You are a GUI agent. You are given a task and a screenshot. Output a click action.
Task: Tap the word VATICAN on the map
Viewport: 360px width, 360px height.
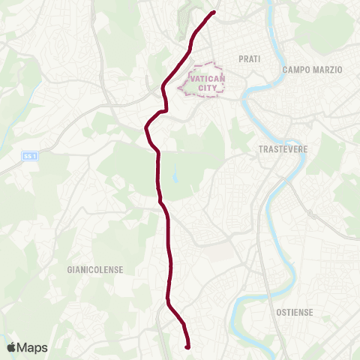click(x=204, y=78)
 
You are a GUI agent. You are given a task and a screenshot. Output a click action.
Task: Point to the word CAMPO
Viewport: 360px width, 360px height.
click(x=298, y=70)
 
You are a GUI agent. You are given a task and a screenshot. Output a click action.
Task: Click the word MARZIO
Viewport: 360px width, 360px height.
click(x=328, y=70)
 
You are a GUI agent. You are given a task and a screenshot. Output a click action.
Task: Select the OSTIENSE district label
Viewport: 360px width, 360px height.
click(x=294, y=312)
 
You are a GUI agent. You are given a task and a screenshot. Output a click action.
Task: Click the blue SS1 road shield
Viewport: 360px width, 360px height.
click(x=29, y=155)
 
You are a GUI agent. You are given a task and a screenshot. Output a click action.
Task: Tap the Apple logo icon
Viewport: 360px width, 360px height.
click(x=11, y=347)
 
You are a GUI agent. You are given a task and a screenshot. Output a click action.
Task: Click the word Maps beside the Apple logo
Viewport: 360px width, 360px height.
click(x=32, y=347)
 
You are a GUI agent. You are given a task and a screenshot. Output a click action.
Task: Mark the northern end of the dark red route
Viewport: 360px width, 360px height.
click(x=214, y=12)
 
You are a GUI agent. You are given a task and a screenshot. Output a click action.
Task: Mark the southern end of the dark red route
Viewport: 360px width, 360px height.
click(x=186, y=346)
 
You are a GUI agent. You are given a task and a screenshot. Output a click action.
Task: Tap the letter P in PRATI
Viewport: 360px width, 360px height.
click(x=240, y=58)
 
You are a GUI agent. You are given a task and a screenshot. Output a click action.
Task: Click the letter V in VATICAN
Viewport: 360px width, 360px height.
click(x=193, y=78)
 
